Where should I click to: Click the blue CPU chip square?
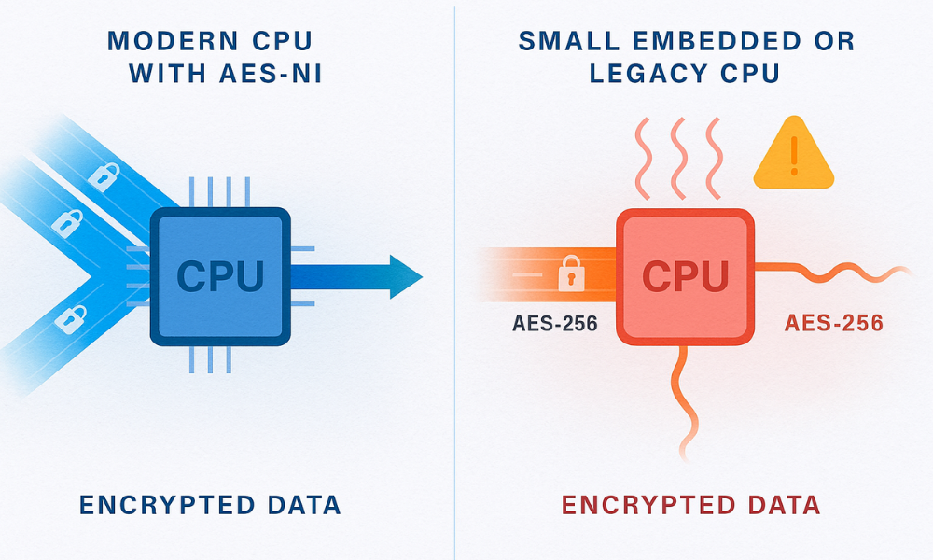[x=220, y=276]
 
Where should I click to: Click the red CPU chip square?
[x=685, y=276]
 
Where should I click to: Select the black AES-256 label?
[x=554, y=325]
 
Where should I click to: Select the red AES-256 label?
[x=833, y=324]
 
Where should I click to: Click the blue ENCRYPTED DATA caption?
[x=210, y=506]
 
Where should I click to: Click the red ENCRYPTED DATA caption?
[x=690, y=506]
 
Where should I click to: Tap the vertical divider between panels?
[x=455, y=280]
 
